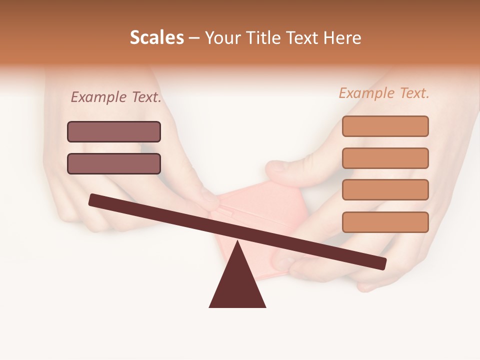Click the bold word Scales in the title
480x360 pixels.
[x=157, y=37]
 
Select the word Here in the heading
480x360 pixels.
[x=342, y=37]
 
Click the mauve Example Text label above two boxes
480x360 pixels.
[x=116, y=97]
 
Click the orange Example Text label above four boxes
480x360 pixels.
[x=384, y=93]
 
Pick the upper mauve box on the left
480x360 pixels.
[x=114, y=131]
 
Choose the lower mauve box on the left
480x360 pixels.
[x=114, y=163]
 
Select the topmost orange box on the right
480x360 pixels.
[x=385, y=126]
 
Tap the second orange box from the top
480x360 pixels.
[x=385, y=158]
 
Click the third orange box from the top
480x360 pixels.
[x=385, y=190]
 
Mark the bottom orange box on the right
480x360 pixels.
[x=385, y=222]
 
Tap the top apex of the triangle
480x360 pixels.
[x=237, y=242]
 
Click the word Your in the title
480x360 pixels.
[x=221, y=37]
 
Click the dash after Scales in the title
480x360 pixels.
[x=194, y=38]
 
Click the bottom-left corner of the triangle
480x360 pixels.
[x=210, y=306]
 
